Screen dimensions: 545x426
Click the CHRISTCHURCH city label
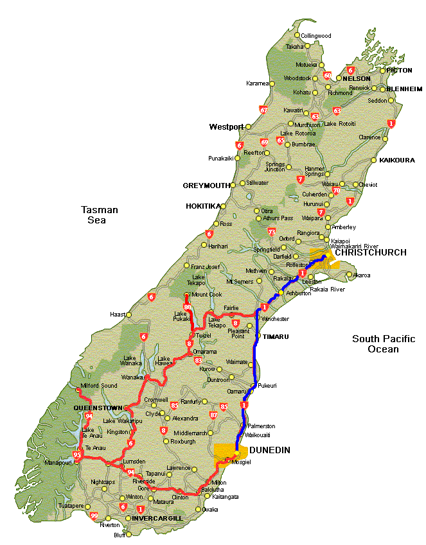tap(371, 252)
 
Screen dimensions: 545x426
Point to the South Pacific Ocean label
tap(384, 344)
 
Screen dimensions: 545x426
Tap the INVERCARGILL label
tap(157, 518)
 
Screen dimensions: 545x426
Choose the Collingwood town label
tap(316, 36)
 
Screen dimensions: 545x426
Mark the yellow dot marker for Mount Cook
tap(186, 295)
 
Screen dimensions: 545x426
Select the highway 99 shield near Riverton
tap(94, 516)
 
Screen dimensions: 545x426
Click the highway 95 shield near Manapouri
tap(78, 456)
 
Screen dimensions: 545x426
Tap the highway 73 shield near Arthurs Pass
tap(272, 232)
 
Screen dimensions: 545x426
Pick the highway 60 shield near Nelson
tap(327, 76)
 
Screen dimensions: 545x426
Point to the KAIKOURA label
tap(397, 160)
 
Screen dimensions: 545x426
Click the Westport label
tap(226, 127)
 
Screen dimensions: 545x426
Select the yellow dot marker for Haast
tap(129, 315)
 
